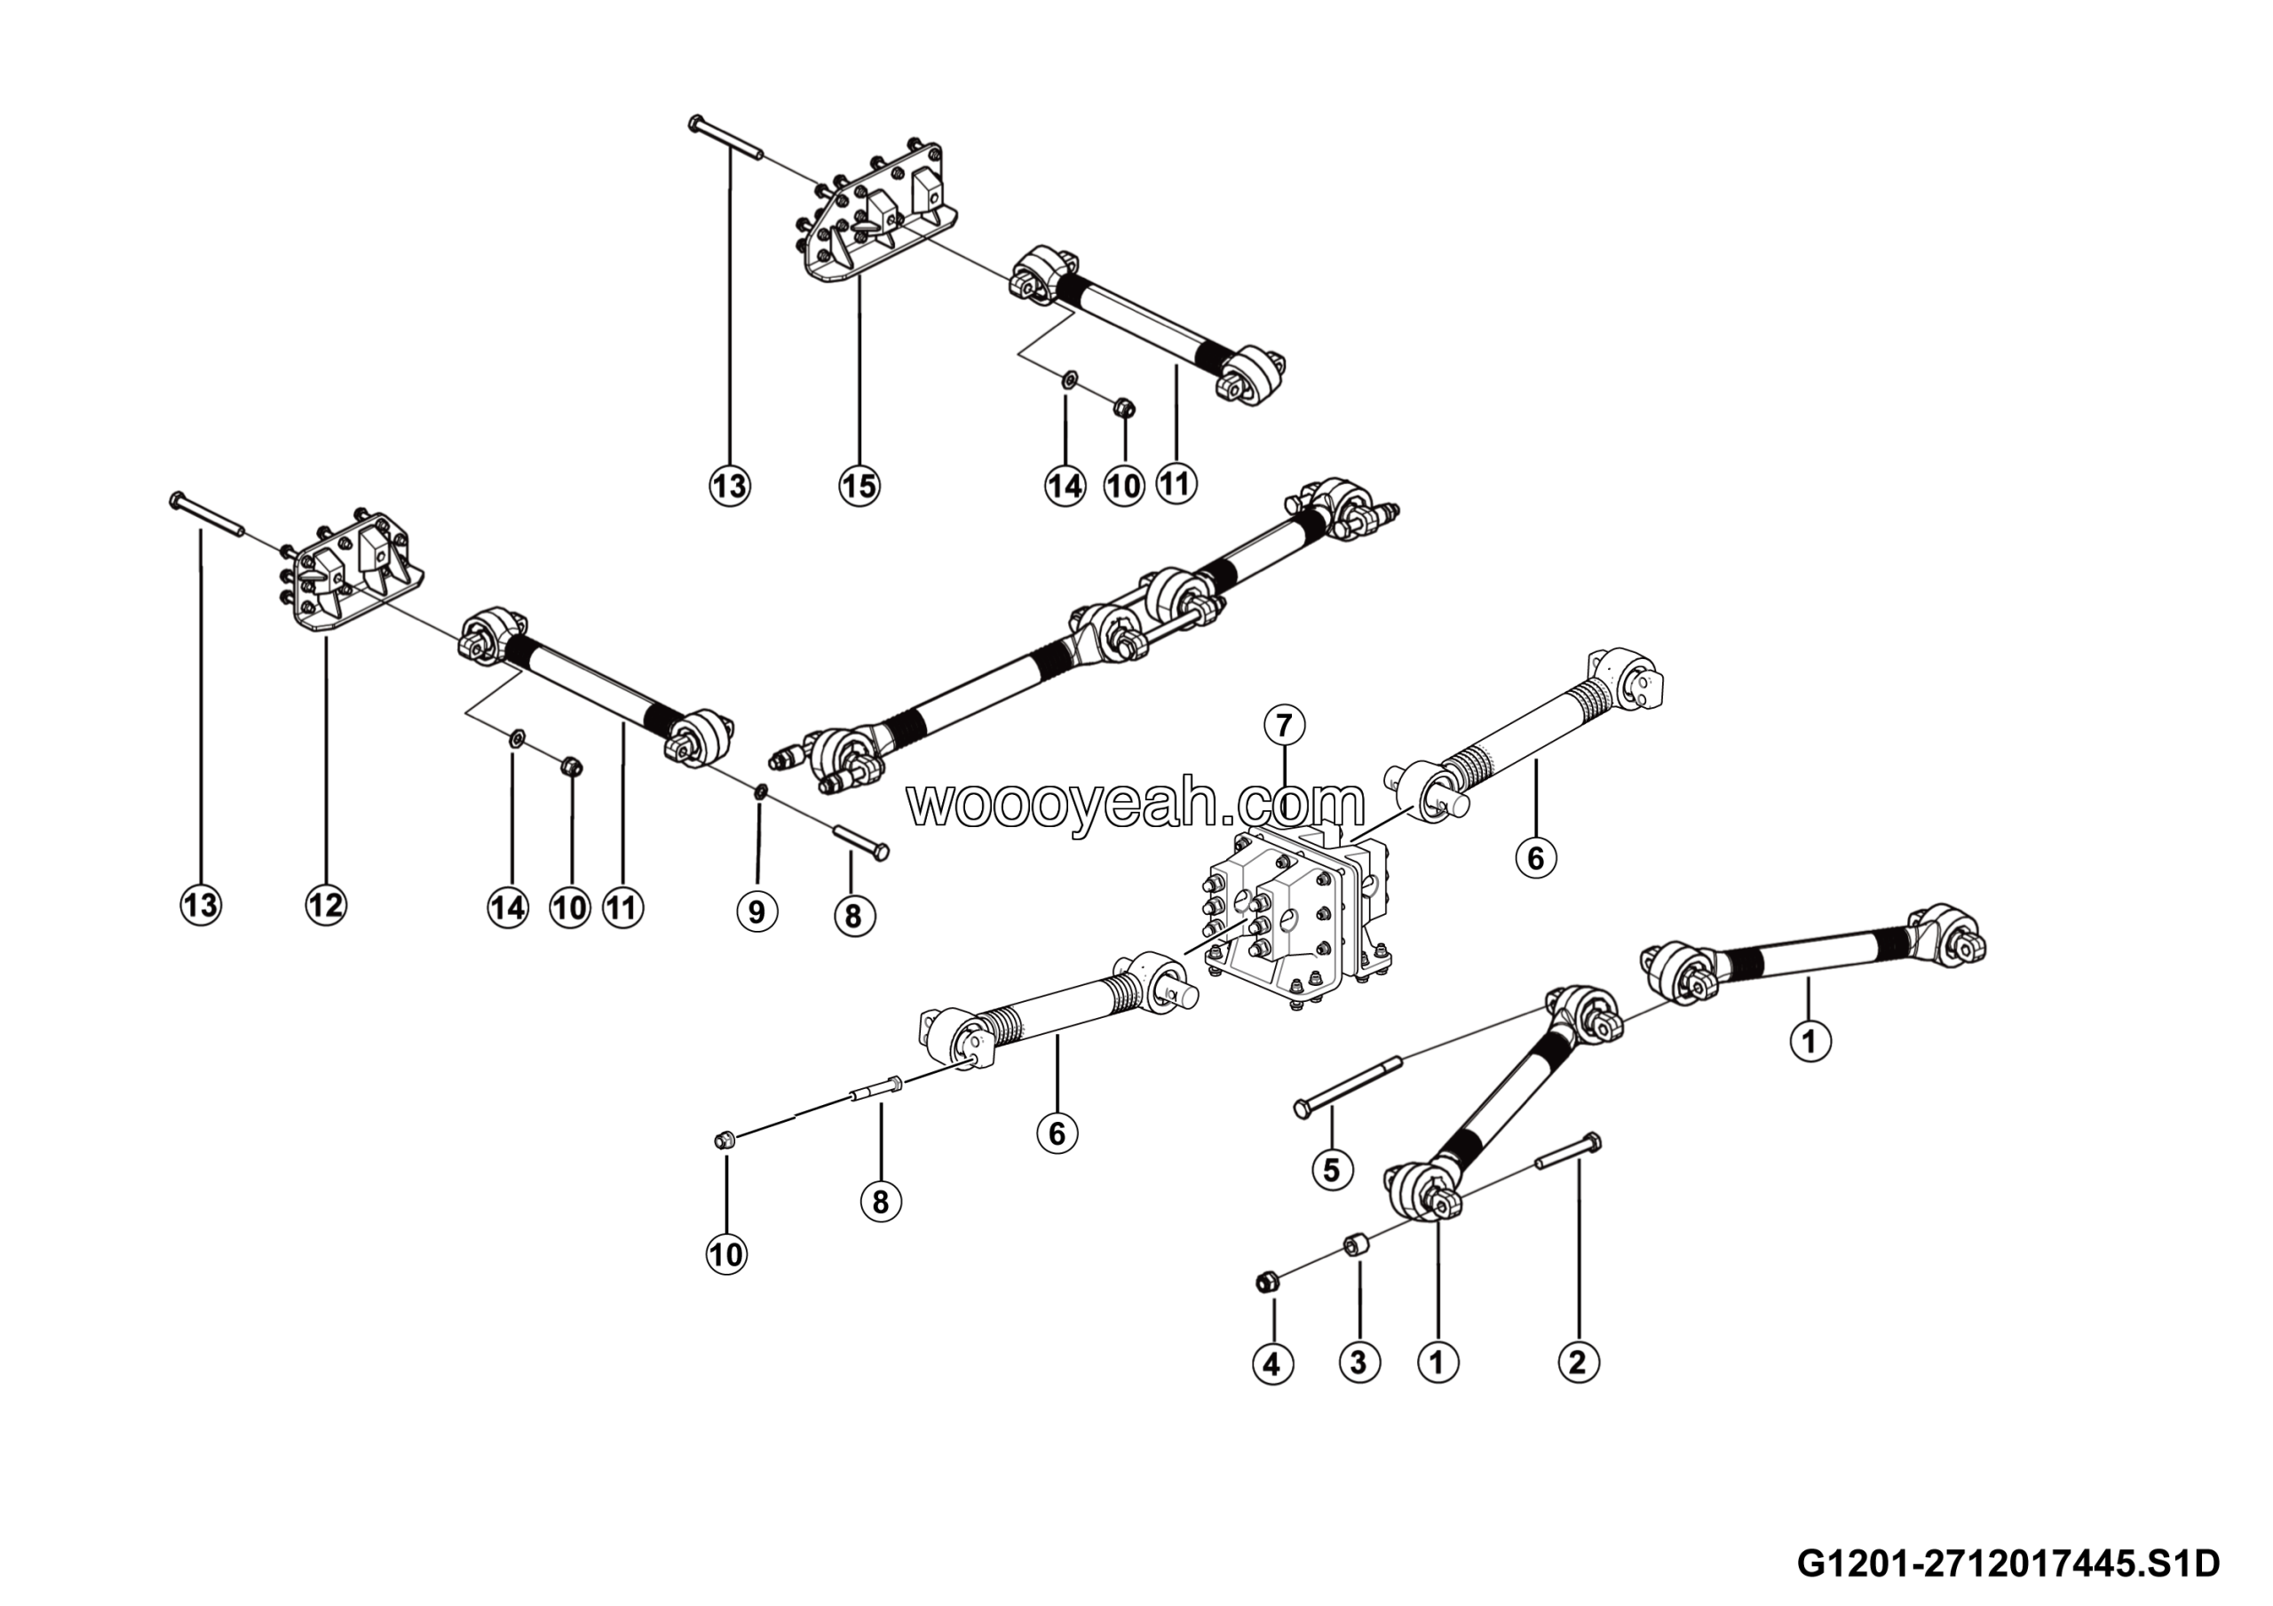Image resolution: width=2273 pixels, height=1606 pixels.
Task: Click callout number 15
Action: pos(859,485)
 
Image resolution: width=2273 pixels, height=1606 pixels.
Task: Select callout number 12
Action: pos(326,904)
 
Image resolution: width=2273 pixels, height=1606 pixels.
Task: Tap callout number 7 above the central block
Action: pos(1284,726)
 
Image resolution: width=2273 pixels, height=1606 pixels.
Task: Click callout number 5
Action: pos(1332,1169)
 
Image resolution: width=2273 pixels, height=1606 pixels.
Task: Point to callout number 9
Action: pos(757,910)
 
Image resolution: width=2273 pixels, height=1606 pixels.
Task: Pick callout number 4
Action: pos(1272,1364)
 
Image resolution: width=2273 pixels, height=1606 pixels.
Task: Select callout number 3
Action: pos(1359,1363)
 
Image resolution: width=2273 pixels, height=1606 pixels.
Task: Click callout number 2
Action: pos(1578,1362)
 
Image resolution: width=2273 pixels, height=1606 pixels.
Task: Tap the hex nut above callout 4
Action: pos(1264,1284)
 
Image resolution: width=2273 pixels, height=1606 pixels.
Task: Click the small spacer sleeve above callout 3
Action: pos(1354,1244)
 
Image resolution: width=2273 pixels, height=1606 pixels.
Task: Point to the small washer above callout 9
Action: pos(759,791)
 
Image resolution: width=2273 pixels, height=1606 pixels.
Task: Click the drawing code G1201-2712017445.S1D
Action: pos(2008,1564)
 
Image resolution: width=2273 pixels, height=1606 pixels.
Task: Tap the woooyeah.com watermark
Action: pos(1136,803)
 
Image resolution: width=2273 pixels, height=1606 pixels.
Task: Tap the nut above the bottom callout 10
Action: pos(724,1141)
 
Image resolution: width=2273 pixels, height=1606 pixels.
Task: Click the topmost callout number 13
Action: pos(730,485)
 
